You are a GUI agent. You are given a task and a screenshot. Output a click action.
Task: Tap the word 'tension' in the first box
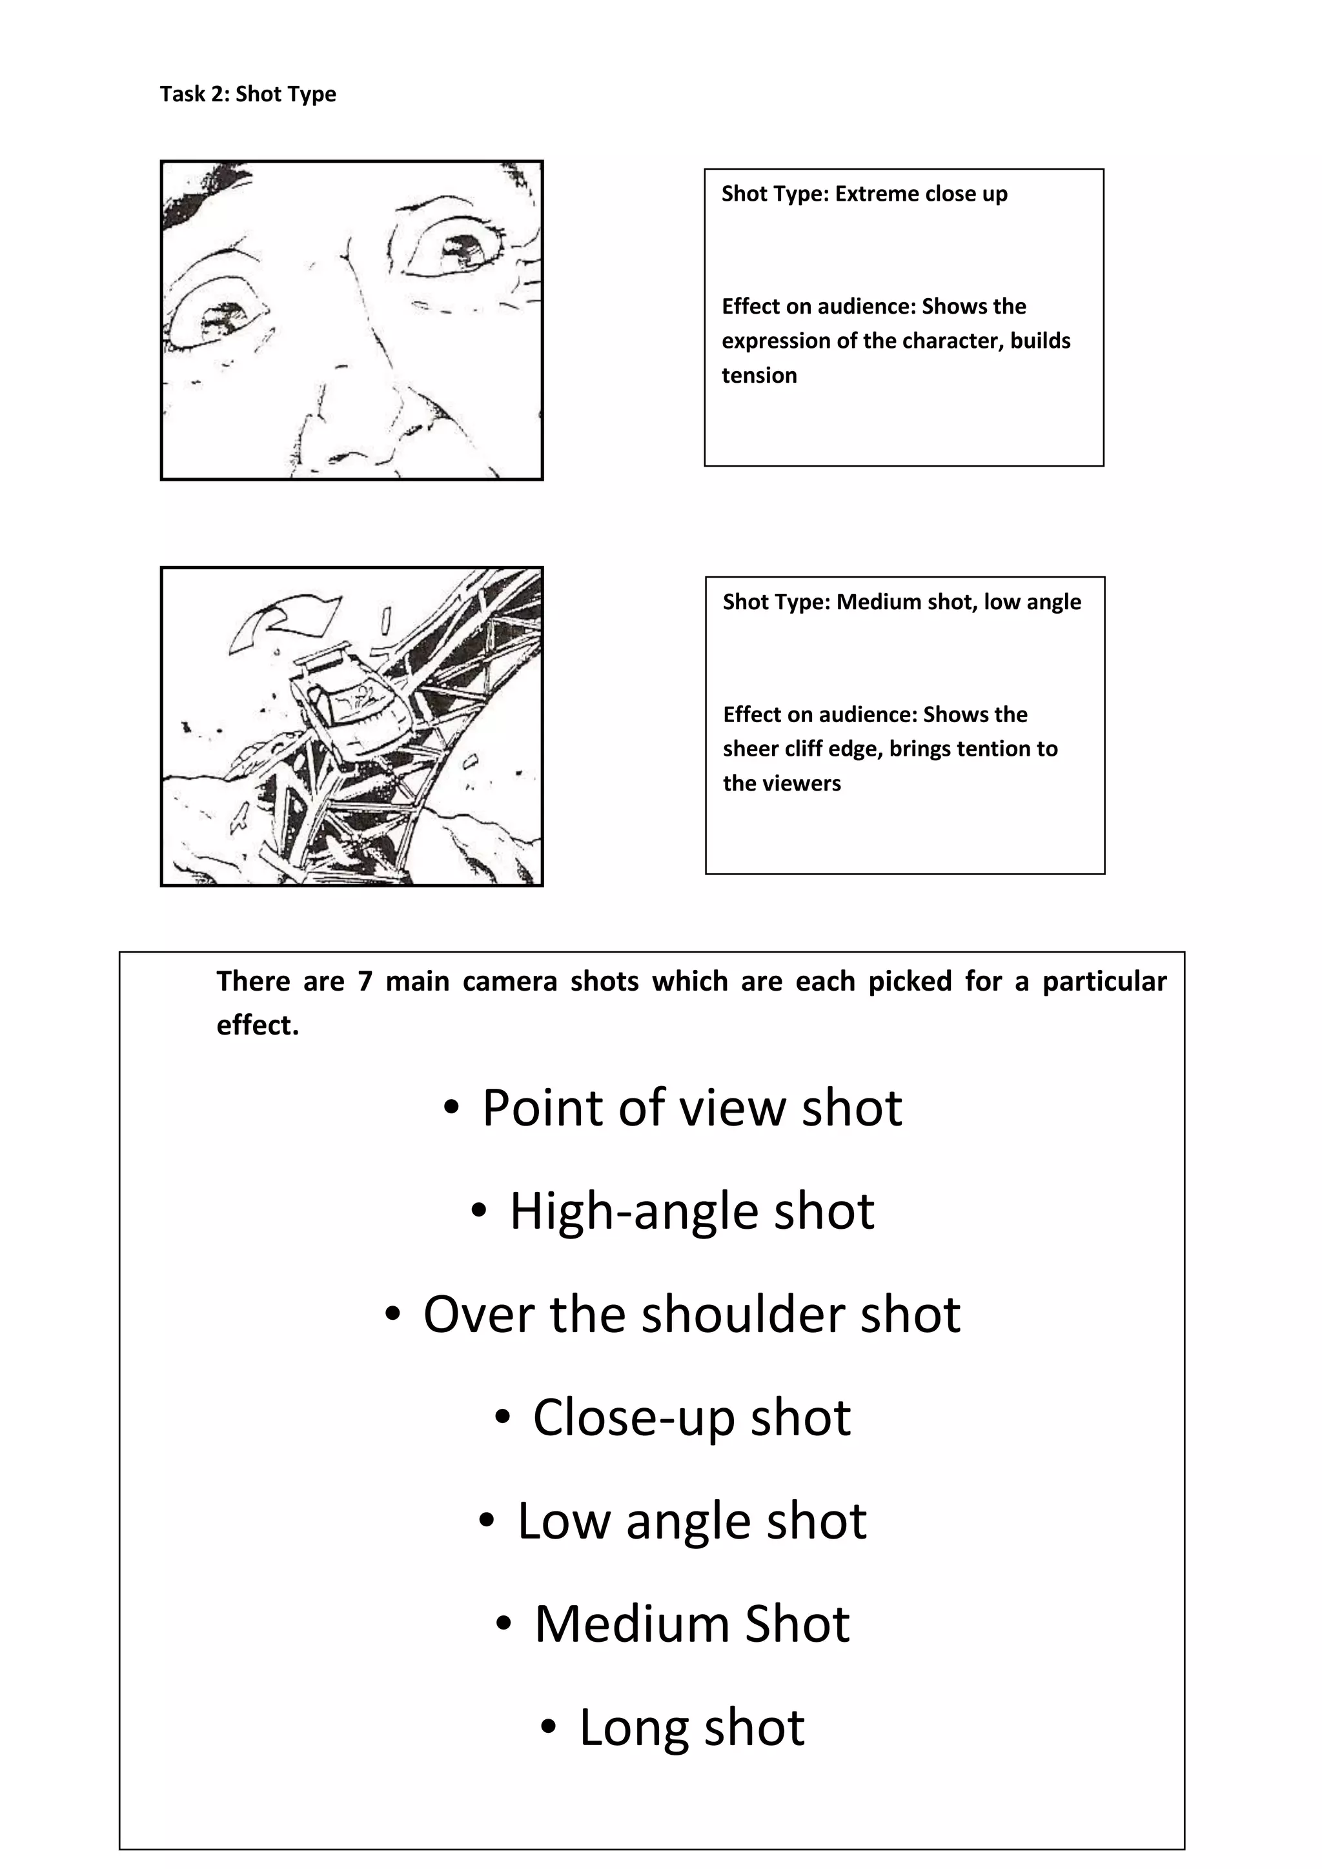(x=758, y=375)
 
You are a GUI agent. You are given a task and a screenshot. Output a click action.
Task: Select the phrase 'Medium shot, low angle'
(x=958, y=602)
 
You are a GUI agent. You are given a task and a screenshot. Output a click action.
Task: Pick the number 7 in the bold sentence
(x=364, y=982)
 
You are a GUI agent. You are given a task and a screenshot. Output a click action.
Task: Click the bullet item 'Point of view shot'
(x=692, y=1108)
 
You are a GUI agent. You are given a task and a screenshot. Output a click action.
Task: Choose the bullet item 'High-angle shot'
(x=692, y=1211)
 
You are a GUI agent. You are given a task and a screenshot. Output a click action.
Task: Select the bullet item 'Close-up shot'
(x=692, y=1417)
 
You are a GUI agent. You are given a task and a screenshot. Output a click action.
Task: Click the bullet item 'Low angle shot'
(x=692, y=1520)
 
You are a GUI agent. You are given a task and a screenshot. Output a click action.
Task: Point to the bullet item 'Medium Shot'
(x=692, y=1624)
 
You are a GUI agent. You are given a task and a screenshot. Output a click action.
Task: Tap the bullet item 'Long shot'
(x=692, y=1728)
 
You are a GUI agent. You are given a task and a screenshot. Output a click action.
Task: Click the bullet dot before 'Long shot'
(x=549, y=1726)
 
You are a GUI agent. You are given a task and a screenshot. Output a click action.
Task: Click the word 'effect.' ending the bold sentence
(x=258, y=1025)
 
